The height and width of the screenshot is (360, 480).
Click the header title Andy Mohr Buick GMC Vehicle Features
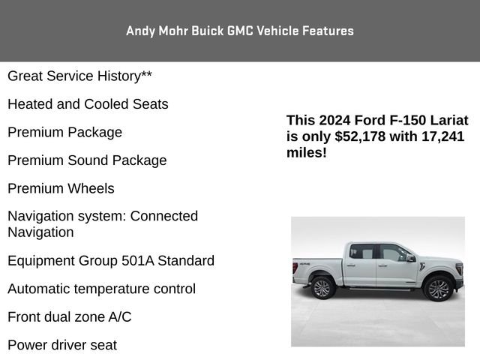click(x=240, y=31)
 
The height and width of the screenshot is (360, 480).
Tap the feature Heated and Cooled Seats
click(x=88, y=104)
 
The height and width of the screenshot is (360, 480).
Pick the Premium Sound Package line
click(x=87, y=160)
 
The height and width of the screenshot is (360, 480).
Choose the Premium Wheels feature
click(x=61, y=188)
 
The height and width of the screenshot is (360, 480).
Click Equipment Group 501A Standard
click(x=111, y=261)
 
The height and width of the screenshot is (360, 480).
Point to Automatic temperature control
click(x=101, y=289)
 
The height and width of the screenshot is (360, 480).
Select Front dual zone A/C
click(x=70, y=317)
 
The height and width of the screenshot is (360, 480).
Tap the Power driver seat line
click(x=62, y=345)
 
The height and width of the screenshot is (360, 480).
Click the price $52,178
click(x=361, y=136)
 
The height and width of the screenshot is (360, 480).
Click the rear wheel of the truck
click(x=322, y=287)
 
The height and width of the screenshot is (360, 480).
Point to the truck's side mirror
click(x=411, y=258)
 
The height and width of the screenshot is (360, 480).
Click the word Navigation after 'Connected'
click(x=40, y=232)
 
